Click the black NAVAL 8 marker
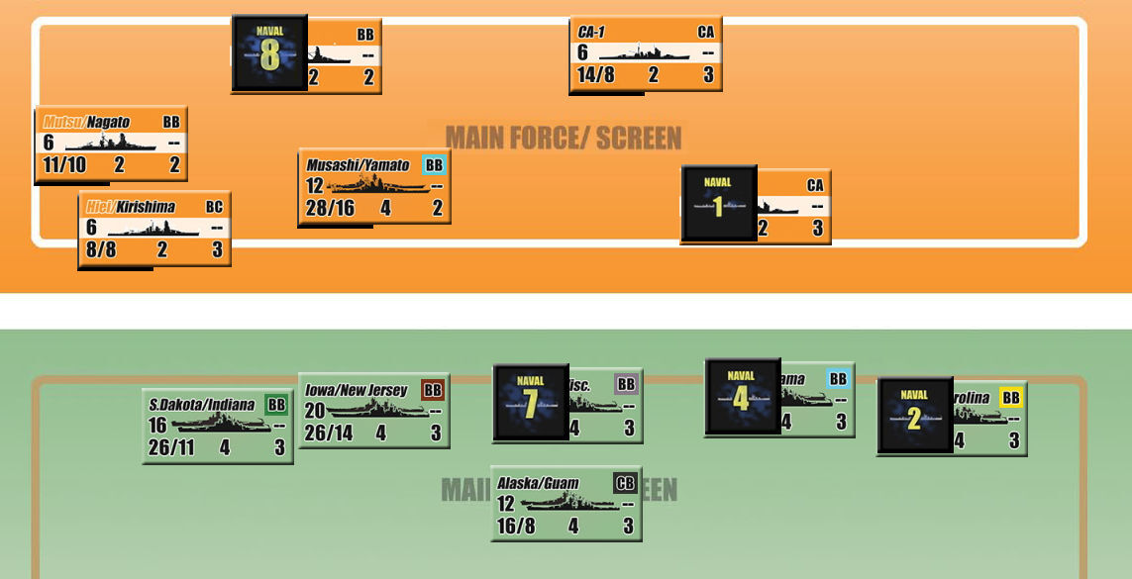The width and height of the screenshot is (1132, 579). pos(269,53)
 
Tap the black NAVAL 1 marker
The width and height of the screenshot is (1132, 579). pos(718,203)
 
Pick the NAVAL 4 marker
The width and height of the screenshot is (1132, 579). pos(742,396)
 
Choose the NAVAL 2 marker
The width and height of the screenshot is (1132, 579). pos(914,415)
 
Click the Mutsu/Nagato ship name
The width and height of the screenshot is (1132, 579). pos(87,122)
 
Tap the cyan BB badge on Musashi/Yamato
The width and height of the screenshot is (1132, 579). pos(434,164)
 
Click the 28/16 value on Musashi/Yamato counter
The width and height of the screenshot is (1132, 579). pos(330,209)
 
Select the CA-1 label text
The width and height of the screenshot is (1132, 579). pos(591,32)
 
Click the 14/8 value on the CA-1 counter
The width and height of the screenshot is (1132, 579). pos(595,75)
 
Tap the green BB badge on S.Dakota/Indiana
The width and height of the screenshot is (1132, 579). pos(276,404)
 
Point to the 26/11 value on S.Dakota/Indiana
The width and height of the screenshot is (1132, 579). pos(170,447)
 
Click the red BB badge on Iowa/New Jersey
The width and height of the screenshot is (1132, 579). pos(433,390)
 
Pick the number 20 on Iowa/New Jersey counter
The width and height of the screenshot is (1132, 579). pos(315,411)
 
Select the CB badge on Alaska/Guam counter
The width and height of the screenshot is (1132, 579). pos(625,483)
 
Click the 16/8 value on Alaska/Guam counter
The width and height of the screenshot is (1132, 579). pos(515,526)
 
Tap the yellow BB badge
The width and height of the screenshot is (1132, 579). pos(1010,398)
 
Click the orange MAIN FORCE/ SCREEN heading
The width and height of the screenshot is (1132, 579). pos(563,137)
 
